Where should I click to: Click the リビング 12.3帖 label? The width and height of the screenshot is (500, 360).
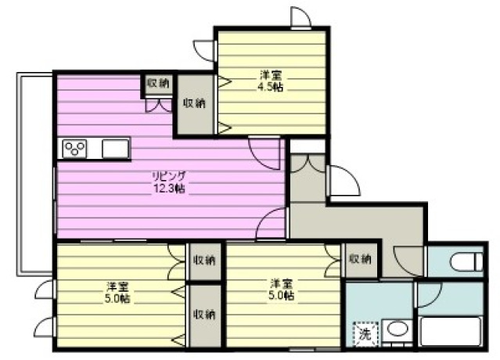tap(169, 182)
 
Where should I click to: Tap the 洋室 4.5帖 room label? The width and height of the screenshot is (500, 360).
tap(271, 81)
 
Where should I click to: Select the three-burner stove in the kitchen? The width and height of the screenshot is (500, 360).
tap(74, 149)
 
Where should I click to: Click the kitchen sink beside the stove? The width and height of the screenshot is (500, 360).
tap(116, 149)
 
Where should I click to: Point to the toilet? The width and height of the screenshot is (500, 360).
tap(467, 261)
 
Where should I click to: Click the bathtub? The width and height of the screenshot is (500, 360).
tap(451, 331)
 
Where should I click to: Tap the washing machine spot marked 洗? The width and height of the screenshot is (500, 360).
tap(365, 334)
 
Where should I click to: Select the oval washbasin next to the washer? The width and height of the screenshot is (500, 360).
tap(397, 329)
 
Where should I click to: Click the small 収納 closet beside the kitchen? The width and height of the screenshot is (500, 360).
tap(158, 84)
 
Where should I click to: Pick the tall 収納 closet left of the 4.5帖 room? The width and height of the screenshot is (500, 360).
tap(195, 104)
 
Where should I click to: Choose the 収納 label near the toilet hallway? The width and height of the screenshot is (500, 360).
tap(361, 259)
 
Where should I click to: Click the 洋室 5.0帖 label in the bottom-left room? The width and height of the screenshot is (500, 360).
tap(117, 293)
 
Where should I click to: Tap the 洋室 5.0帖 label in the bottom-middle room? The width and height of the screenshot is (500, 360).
tap(282, 290)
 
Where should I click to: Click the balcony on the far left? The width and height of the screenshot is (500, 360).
tap(35, 174)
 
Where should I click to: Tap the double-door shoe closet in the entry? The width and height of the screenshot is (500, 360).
tap(308, 178)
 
